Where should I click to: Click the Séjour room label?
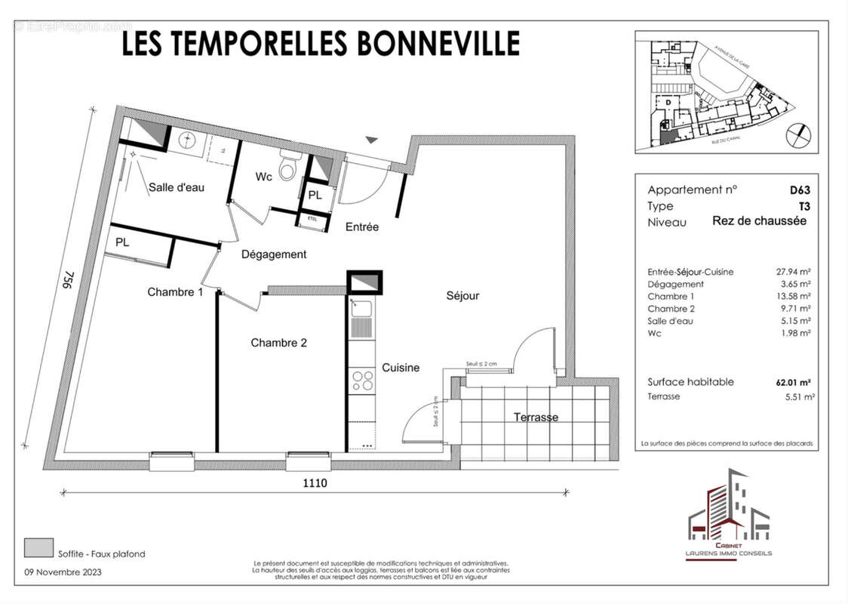(x=462, y=296)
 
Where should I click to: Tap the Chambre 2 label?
(x=278, y=343)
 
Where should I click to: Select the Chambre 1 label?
(x=175, y=292)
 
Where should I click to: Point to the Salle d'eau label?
(x=177, y=188)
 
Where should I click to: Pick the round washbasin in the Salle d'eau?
(x=187, y=140)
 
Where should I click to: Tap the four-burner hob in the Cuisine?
(x=362, y=380)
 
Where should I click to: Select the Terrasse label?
(x=536, y=418)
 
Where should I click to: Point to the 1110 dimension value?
(x=315, y=483)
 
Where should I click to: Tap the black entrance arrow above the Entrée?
(x=371, y=140)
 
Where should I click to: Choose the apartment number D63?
(x=799, y=190)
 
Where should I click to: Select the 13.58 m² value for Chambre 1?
(x=795, y=297)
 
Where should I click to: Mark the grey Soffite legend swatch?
(x=38, y=547)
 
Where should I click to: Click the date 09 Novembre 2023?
(x=63, y=572)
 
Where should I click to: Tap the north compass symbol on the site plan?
(x=797, y=136)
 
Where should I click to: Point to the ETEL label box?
(x=312, y=219)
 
